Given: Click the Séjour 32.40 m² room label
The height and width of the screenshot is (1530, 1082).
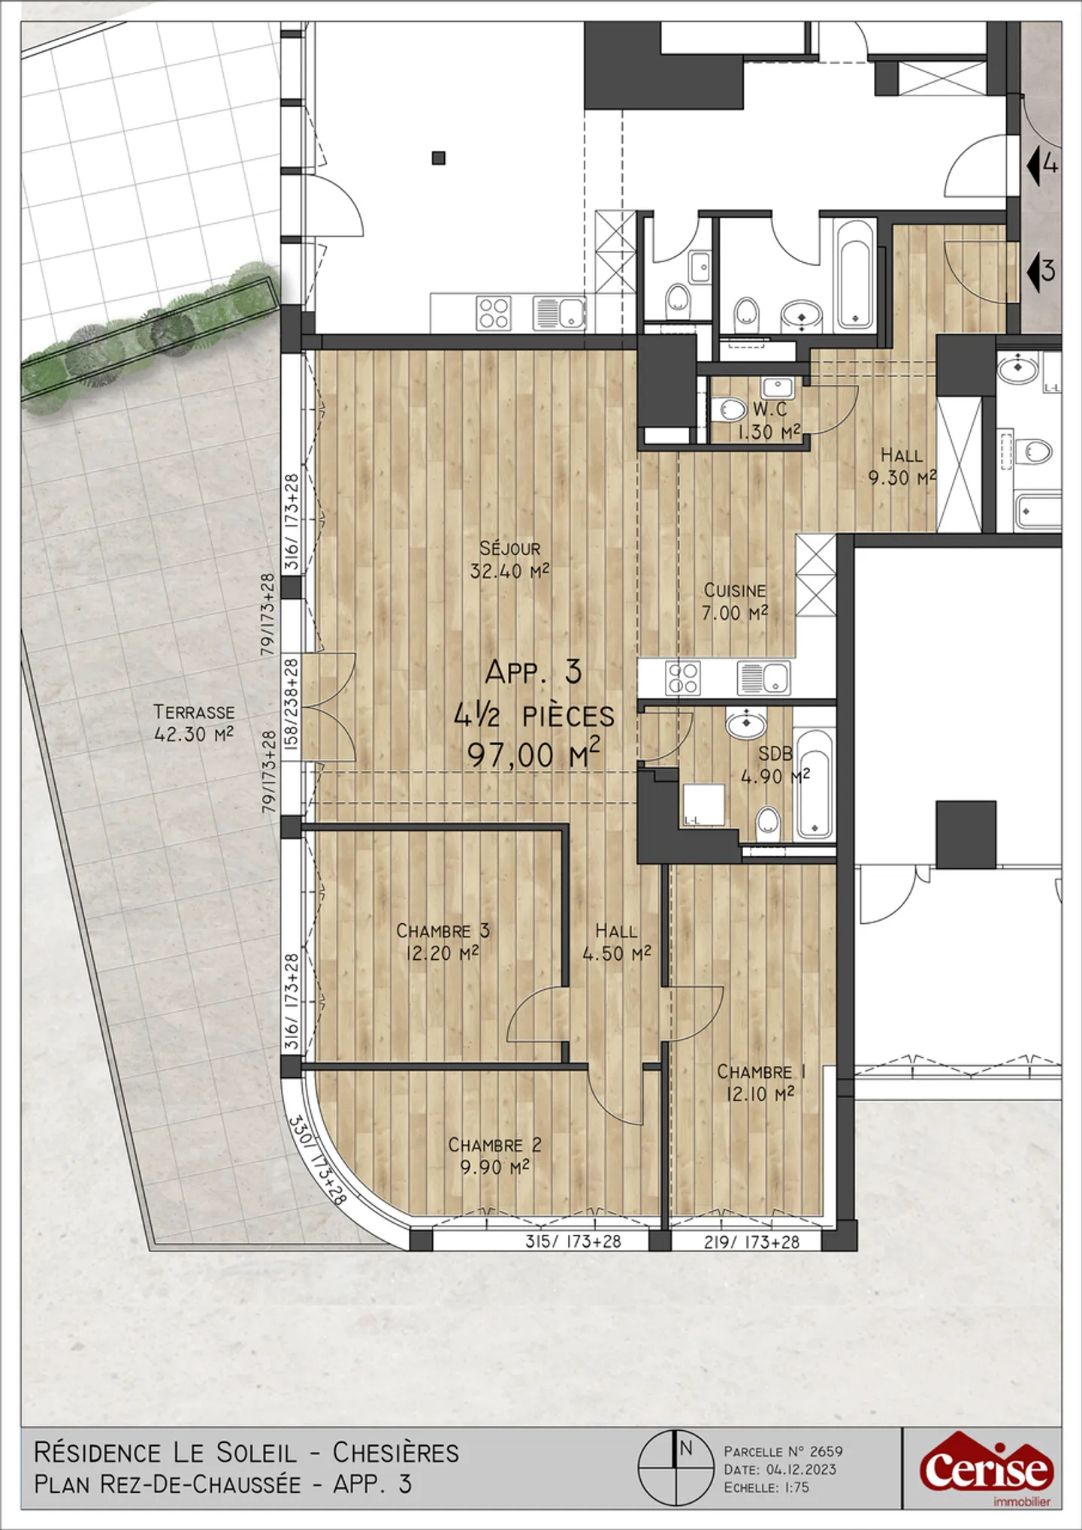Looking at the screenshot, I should pos(509,560).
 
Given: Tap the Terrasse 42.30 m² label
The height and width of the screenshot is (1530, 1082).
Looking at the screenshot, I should pos(194,723).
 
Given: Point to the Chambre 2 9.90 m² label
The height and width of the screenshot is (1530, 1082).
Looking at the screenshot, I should pos(494,1155).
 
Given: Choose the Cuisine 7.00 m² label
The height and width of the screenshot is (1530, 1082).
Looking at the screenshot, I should pos(735,602).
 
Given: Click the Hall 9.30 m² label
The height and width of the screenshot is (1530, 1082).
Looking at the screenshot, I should pos(902,466).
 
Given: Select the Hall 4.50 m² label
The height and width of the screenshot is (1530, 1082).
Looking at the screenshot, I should pos(616,942).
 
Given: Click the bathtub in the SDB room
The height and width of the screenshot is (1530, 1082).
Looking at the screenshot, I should pos(813,783).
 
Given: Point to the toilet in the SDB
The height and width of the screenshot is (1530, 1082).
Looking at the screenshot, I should pos(768,821).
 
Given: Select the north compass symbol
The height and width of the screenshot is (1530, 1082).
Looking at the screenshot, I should pos(675,1466).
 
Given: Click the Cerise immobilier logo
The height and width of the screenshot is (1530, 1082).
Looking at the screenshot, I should pos(986,1469).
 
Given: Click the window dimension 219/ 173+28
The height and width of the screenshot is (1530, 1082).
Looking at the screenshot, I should pos(751,1242).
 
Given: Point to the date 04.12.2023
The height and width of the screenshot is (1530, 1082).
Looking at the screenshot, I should pos(801,1469).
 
